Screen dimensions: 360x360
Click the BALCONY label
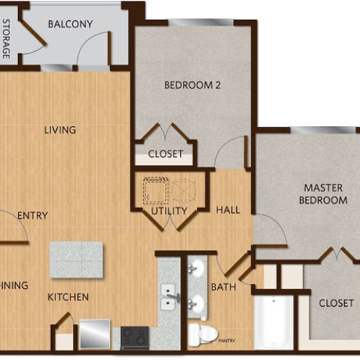tap(71, 24)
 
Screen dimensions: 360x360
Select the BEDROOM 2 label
tap(192, 85)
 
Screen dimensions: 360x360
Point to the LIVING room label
tap(60, 130)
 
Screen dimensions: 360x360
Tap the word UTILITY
tap(169, 210)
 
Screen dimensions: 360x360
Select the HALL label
tap(228, 210)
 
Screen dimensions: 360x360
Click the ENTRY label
tap(32, 215)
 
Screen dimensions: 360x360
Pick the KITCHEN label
tap(68, 297)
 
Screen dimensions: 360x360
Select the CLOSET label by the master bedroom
tap(336, 303)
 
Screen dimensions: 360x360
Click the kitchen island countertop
tap(76, 259)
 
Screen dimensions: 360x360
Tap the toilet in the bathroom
tap(202, 333)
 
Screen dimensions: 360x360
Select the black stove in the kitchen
tap(135, 337)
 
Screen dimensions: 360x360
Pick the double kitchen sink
tap(169, 297)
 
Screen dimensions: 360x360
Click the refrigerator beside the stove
tap(94, 335)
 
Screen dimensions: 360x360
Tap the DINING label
tap(14, 285)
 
